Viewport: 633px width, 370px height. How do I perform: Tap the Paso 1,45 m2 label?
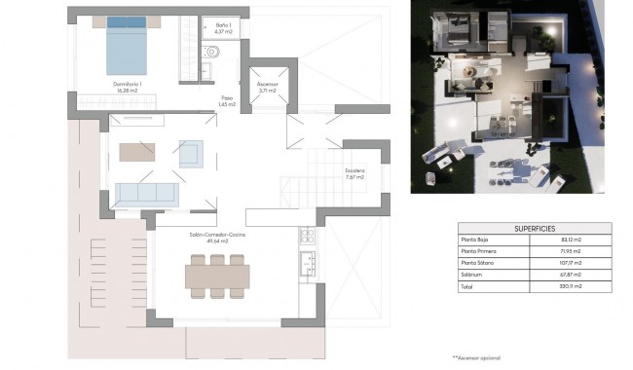227,100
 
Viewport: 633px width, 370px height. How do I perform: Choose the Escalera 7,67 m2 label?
354,174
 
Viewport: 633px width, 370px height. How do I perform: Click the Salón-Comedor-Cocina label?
217,236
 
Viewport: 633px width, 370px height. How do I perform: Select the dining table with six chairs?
217,276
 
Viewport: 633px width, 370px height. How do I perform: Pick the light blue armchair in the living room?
190,153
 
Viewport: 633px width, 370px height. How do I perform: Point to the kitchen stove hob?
307,235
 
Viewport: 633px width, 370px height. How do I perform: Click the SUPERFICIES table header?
534,227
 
